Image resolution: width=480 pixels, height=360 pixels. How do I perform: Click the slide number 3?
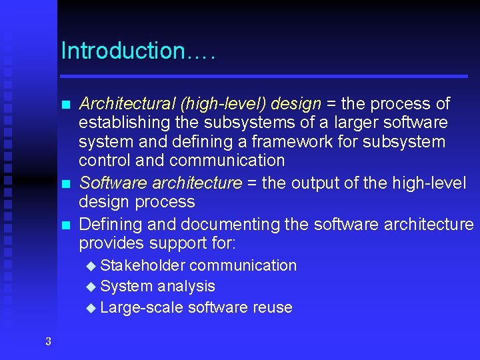coord(48,342)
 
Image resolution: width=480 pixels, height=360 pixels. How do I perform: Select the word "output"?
coord(317,183)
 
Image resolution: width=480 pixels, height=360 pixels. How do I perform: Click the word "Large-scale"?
coord(141,307)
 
